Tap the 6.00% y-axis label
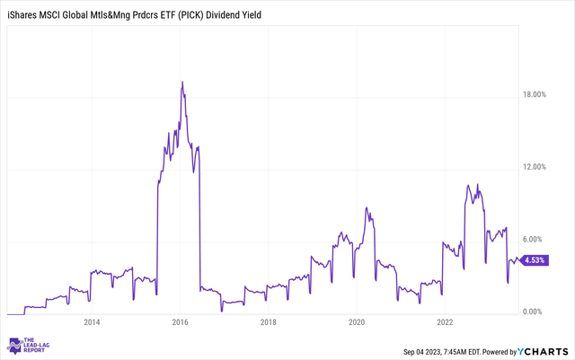point(537,239)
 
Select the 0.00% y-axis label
point(537,312)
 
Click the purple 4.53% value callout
point(535,261)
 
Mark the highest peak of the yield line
point(182,82)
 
